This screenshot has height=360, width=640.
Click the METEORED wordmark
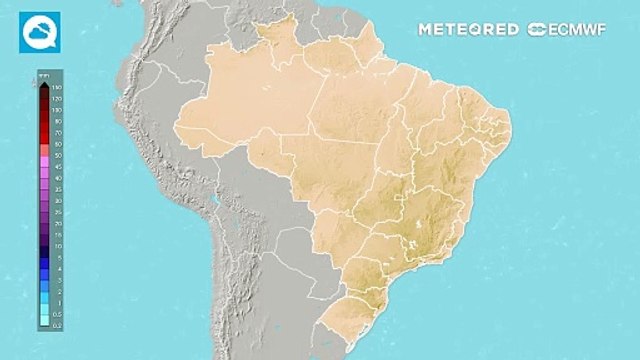(x=468, y=30)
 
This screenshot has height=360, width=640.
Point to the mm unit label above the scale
(x=43, y=74)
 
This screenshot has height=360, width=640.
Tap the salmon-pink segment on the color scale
(x=44, y=147)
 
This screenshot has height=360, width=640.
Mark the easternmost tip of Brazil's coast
(x=512, y=124)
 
